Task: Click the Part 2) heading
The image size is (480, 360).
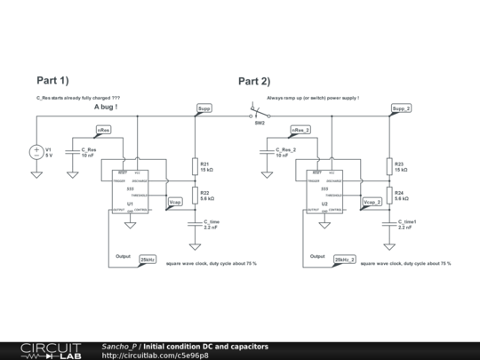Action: tap(254, 81)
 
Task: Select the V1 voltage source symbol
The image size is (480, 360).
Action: tap(36, 152)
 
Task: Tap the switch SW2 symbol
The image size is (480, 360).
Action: tap(260, 114)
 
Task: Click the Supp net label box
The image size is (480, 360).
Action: tap(204, 108)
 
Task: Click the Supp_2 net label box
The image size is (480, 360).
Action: tap(402, 108)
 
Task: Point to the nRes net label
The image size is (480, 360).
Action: tap(104, 131)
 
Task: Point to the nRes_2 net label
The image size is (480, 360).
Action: tap(300, 131)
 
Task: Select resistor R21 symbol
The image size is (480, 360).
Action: tap(195, 167)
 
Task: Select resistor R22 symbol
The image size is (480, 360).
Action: tap(195, 195)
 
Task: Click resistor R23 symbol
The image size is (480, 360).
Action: tap(389, 167)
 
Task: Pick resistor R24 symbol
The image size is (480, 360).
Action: tap(389, 195)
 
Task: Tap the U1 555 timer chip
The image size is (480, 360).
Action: tap(130, 191)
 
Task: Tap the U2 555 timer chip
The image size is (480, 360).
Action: tap(324, 191)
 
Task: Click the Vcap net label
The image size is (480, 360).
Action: tap(175, 203)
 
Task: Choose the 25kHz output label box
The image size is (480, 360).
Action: tap(148, 260)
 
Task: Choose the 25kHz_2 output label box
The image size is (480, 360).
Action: tap(345, 260)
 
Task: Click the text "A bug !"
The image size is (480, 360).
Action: tap(106, 107)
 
